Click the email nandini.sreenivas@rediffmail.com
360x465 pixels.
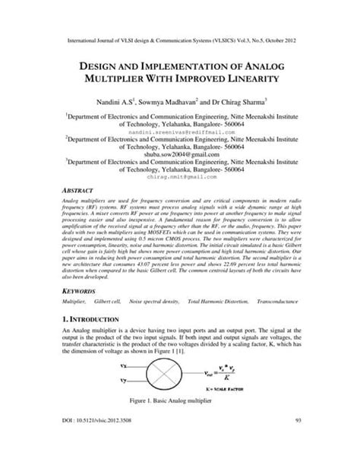tap(179, 131)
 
